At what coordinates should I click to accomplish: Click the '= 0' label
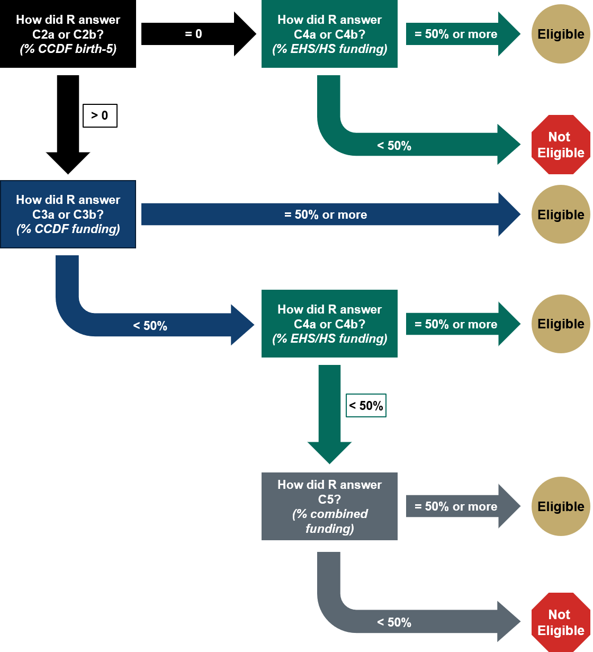(193, 34)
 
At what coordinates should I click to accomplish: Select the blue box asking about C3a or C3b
(68, 214)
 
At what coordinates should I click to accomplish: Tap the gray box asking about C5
(329, 506)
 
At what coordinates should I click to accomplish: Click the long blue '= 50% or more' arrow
(325, 215)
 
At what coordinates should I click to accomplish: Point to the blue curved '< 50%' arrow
(150, 325)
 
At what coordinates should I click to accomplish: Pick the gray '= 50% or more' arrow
(455, 506)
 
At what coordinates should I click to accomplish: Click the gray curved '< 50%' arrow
(394, 622)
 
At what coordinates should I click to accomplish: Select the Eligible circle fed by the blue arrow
(561, 215)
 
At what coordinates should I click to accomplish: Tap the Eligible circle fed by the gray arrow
(561, 506)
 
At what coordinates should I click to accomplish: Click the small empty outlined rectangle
(366, 405)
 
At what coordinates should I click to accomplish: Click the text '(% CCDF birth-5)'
(68, 49)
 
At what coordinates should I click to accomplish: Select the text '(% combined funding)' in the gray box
(329, 521)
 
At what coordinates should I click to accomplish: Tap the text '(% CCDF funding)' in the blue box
(68, 229)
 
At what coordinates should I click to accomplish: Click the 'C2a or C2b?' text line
(68, 34)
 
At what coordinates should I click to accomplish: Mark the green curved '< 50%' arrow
(394, 145)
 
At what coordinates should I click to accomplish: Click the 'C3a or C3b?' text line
(68, 215)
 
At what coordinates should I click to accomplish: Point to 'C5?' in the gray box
(329, 499)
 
